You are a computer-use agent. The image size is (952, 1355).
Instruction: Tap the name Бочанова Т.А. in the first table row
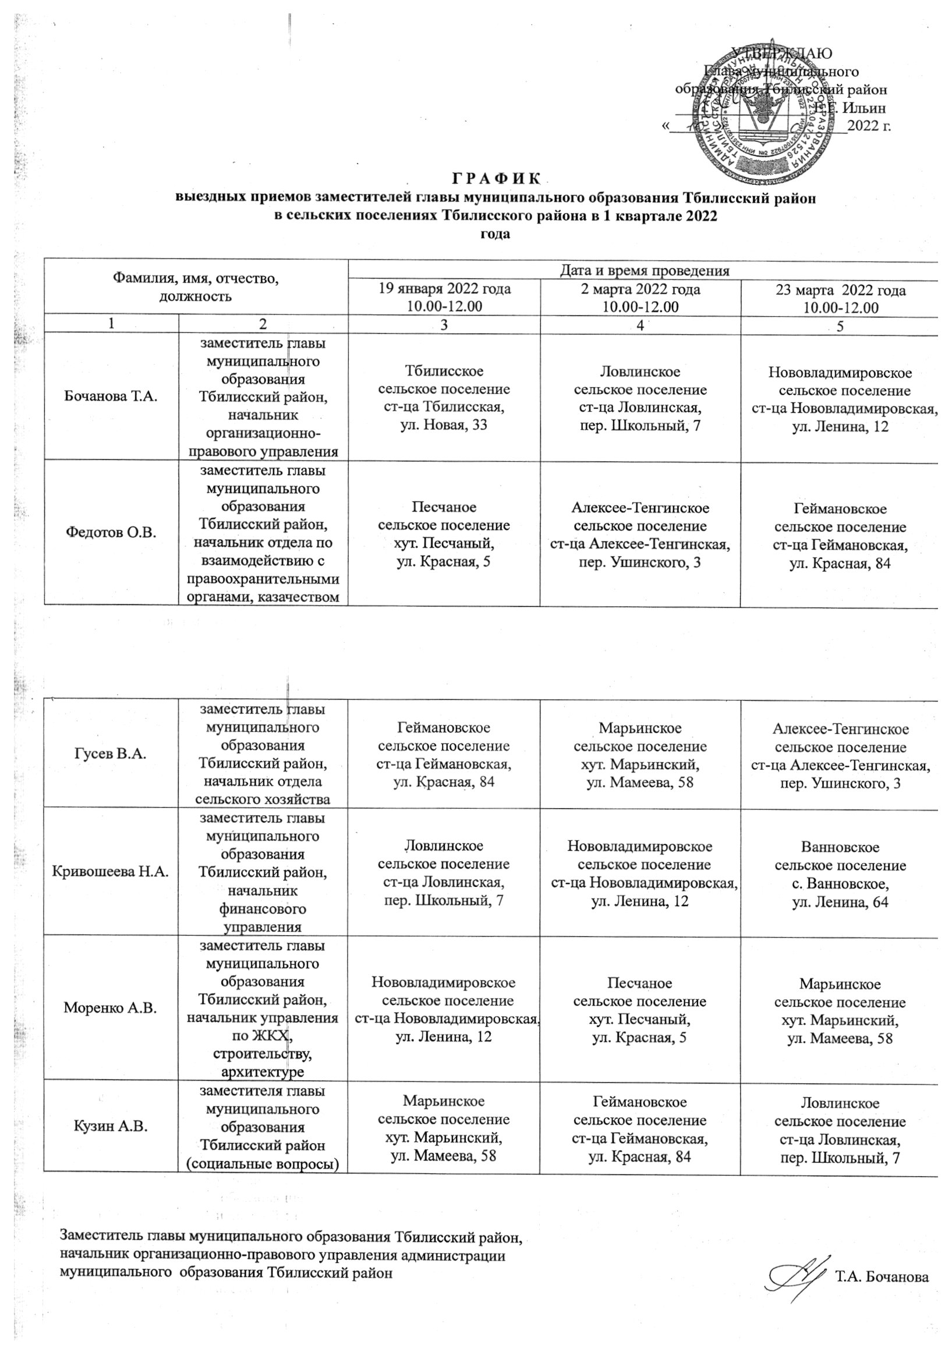click(111, 396)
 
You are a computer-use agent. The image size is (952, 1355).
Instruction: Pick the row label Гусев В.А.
click(111, 753)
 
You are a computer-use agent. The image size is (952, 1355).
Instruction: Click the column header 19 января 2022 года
click(444, 290)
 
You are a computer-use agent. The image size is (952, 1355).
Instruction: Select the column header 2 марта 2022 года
click(640, 290)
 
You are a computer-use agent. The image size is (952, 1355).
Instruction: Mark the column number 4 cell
click(640, 324)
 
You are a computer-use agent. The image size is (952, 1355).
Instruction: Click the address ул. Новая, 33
click(444, 424)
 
